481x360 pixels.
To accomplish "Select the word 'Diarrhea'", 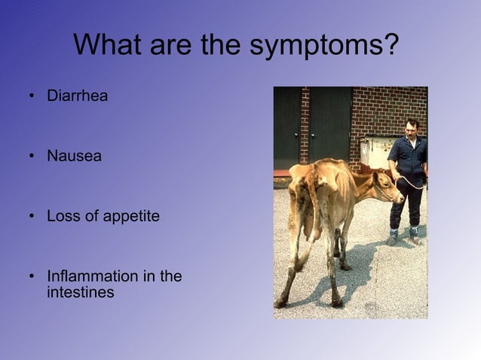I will click(x=77, y=96).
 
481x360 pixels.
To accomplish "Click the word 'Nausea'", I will click(x=74, y=157).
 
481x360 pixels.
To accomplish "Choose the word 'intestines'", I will click(x=80, y=292).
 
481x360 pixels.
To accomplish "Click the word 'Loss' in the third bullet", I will click(x=62, y=217).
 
